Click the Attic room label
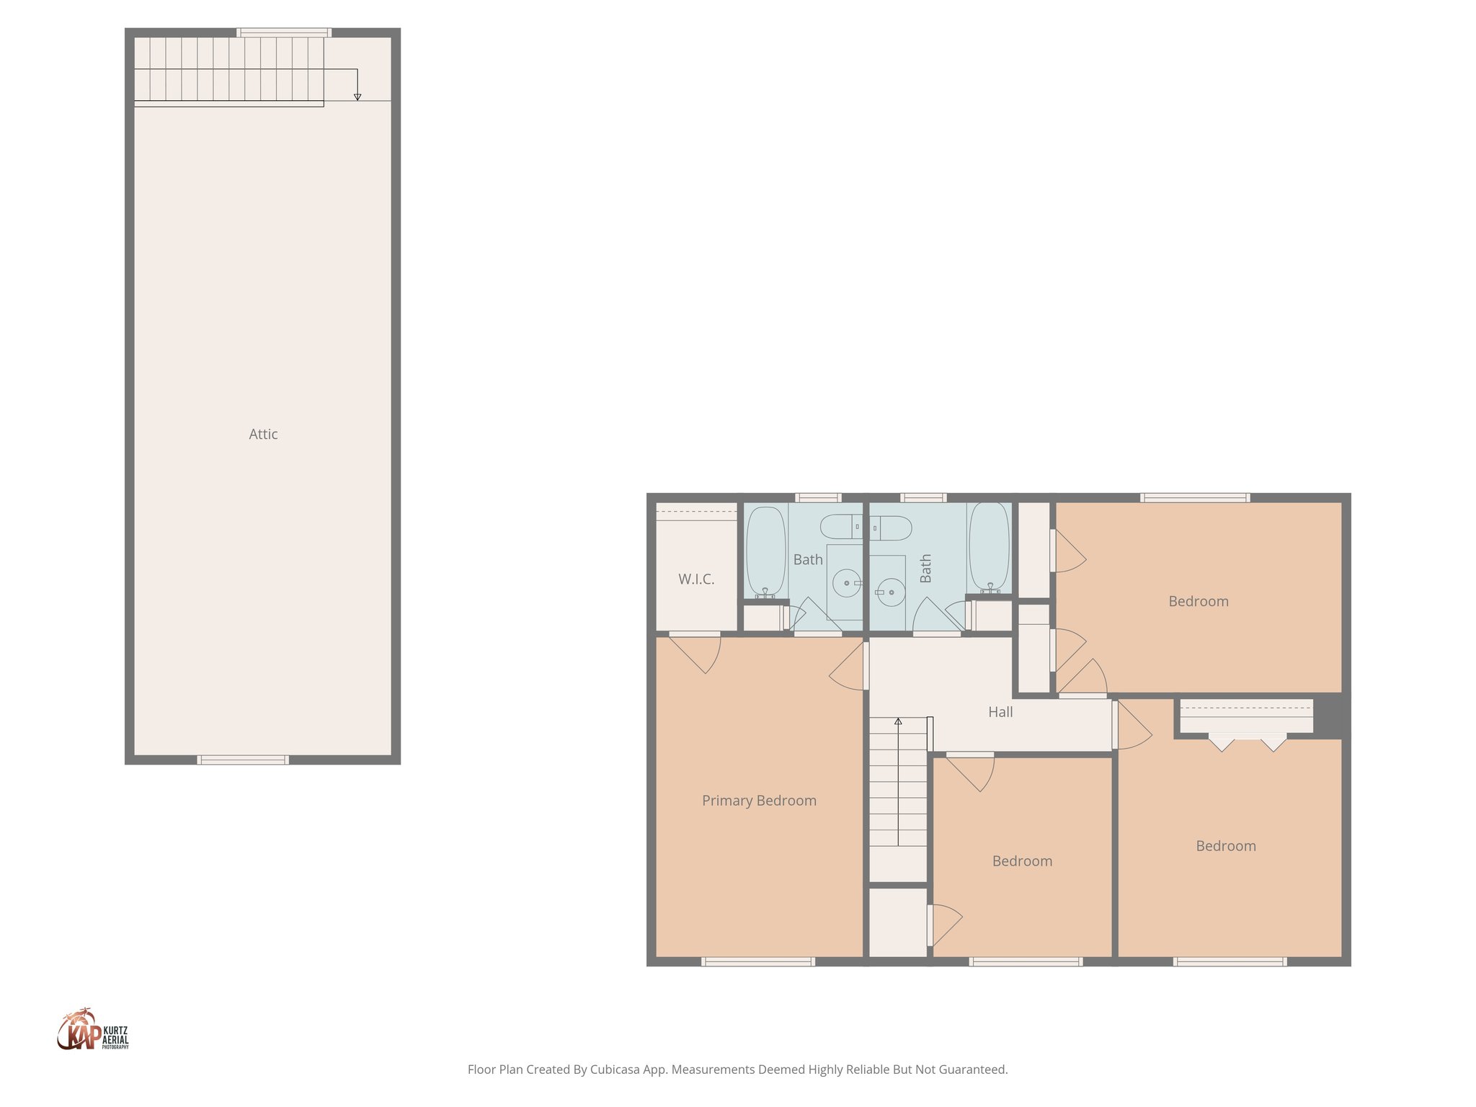pyautogui.click(x=263, y=434)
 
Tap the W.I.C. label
pyautogui.click(x=696, y=579)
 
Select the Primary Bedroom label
pyautogui.click(x=759, y=800)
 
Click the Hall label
pyautogui.click(x=1000, y=712)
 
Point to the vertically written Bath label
pyautogui.click(x=925, y=569)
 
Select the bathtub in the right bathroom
pyautogui.click(x=989, y=546)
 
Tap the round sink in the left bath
pyautogui.click(x=847, y=582)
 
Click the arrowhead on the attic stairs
pyautogui.click(x=357, y=97)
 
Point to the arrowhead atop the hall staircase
pyautogui.click(x=898, y=721)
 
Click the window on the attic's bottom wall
pyautogui.click(x=243, y=760)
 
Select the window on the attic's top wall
pyautogui.click(x=284, y=32)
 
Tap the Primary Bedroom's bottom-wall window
pyautogui.click(x=758, y=961)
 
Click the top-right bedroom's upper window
pyautogui.click(x=1195, y=497)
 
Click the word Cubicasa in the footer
pyautogui.click(x=615, y=1070)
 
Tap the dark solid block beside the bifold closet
pyautogui.click(x=1330, y=716)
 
